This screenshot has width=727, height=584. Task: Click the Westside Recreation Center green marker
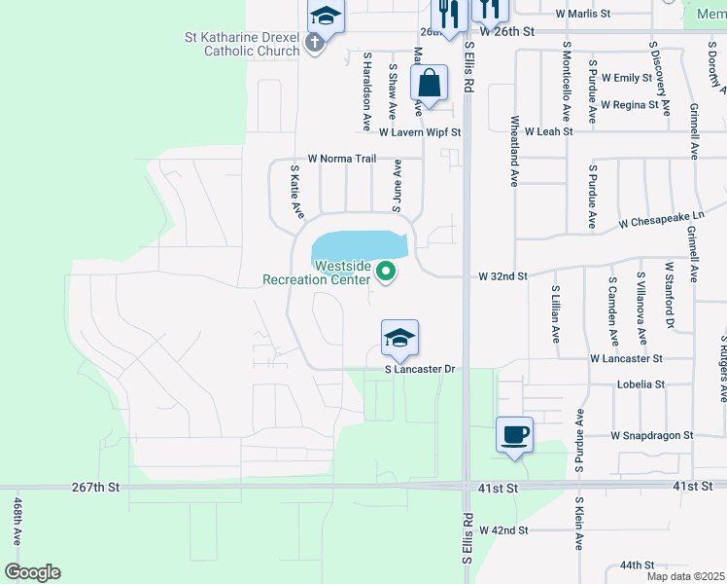[x=387, y=272]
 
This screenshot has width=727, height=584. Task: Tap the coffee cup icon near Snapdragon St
[x=514, y=434]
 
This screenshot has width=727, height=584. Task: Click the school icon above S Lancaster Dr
[x=399, y=338]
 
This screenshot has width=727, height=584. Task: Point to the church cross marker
[x=313, y=42]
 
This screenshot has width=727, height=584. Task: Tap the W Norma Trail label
[x=341, y=159]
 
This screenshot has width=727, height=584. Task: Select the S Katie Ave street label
[x=297, y=191]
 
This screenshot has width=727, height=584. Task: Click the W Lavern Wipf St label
[x=419, y=131]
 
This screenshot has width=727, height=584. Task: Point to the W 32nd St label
[x=502, y=276]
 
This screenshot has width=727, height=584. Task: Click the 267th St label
[x=94, y=486]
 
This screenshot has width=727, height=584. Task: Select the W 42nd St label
[x=496, y=530]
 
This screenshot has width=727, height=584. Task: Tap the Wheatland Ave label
[x=514, y=151]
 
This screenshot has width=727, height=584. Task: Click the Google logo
[x=32, y=572]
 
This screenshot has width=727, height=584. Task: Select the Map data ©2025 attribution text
[x=684, y=576]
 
